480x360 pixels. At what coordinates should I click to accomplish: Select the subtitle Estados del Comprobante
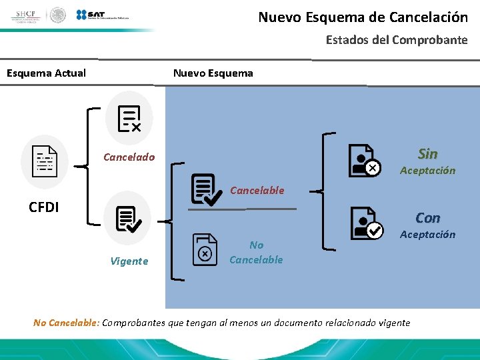tap(396, 40)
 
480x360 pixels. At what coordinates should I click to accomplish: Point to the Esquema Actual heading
tap(46, 73)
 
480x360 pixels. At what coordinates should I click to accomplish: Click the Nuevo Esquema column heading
tap(213, 73)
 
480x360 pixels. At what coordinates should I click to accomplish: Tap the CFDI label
tap(44, 207)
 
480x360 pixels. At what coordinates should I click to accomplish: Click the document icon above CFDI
tap(45, 161)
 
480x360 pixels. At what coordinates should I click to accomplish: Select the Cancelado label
tap(129, 157)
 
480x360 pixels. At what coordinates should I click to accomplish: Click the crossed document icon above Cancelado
tap(129, 118)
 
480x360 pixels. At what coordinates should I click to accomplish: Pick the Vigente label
tap(129, 261)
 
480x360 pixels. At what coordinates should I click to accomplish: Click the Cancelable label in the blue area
tap(257, 191)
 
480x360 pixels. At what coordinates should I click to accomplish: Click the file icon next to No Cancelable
tap(205, 249)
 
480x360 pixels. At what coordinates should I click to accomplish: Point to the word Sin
tap(427, 154)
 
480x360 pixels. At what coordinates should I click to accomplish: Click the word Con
tap(427, 218)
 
